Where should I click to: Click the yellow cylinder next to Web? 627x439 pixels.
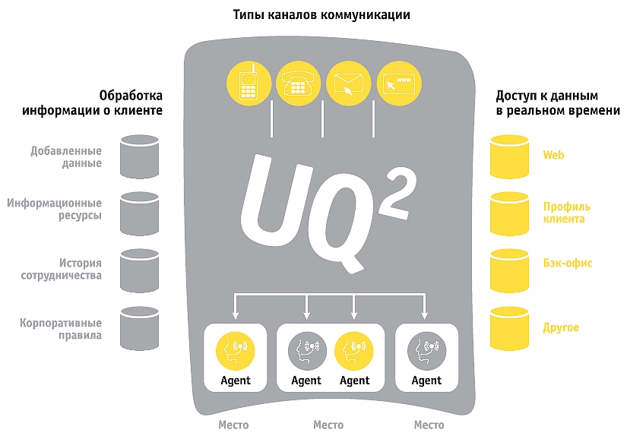[x=509, y=156]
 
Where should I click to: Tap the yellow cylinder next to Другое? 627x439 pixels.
[x=509, y=327]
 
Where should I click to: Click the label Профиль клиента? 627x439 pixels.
[x=566, y=213]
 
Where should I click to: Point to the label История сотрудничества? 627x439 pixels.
[x=61, y=270]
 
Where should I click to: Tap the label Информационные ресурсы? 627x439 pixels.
[x=55, y=209]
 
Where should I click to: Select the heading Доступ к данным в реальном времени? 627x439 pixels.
[x=558, y=103]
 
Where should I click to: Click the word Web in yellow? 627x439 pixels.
[x=553, y=155]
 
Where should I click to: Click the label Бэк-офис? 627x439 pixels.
[x=567, y=263]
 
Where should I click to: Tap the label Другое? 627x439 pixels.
[x=561, y=327]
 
